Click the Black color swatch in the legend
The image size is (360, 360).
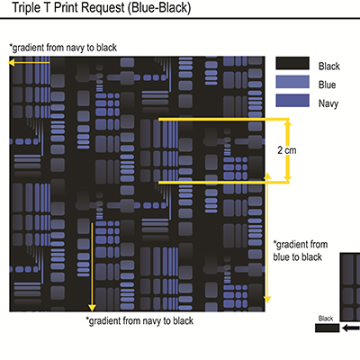(292, 63)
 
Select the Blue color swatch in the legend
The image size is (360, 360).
(292, 82)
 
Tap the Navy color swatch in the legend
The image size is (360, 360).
(292, 101)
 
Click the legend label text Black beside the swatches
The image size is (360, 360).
(329, 66)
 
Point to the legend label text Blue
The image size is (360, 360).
(327, 85)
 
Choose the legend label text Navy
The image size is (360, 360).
(328, 103)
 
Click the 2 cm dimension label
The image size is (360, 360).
(287, 150)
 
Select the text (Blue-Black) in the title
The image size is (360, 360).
(159, 8)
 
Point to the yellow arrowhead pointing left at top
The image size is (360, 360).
(11, 63)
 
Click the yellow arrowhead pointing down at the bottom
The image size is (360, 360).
(92, 308)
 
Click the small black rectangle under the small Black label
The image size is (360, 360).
(327, 328)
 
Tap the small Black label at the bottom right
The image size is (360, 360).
(326, 319)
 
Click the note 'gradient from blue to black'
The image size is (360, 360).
(300, 251)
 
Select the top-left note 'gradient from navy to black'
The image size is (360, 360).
(63, 48)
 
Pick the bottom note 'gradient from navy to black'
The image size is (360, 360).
(139, 321)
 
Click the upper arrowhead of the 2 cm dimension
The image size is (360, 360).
(287, 122)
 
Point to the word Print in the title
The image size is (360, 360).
(66, 7)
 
